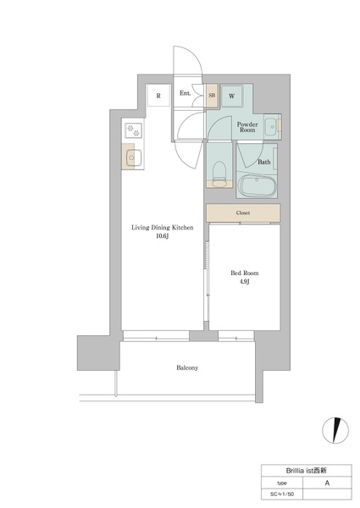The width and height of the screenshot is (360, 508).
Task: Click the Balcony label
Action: click(187, 367)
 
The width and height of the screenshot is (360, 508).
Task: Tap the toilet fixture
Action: click(219, 174)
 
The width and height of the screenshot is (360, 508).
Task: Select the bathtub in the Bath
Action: click(257, 186)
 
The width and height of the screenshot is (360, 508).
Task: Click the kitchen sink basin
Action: click(131, 157)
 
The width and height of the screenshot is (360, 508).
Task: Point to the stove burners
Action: click(133, 130)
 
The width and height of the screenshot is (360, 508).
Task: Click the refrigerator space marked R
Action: click(158, 95)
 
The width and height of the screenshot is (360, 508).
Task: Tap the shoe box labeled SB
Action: click(212, 96)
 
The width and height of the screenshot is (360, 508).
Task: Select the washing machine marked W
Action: click(232, 96)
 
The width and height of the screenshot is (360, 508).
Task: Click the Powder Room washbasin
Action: click(270, 126)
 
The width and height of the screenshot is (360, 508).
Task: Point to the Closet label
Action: click(243, 213)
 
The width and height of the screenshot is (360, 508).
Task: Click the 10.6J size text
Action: click(163, 236)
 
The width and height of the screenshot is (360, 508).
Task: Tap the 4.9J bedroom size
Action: click(245, 282)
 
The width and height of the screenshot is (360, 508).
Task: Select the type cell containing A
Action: click(327, 483)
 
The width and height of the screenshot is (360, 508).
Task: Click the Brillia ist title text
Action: click(306, 471)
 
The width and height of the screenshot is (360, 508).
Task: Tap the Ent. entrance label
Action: click(185, 93)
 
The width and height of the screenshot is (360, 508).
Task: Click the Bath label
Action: click(263, 162)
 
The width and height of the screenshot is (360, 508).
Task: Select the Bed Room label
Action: click(245, 273)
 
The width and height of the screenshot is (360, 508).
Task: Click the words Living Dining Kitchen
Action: click(163, 228)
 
